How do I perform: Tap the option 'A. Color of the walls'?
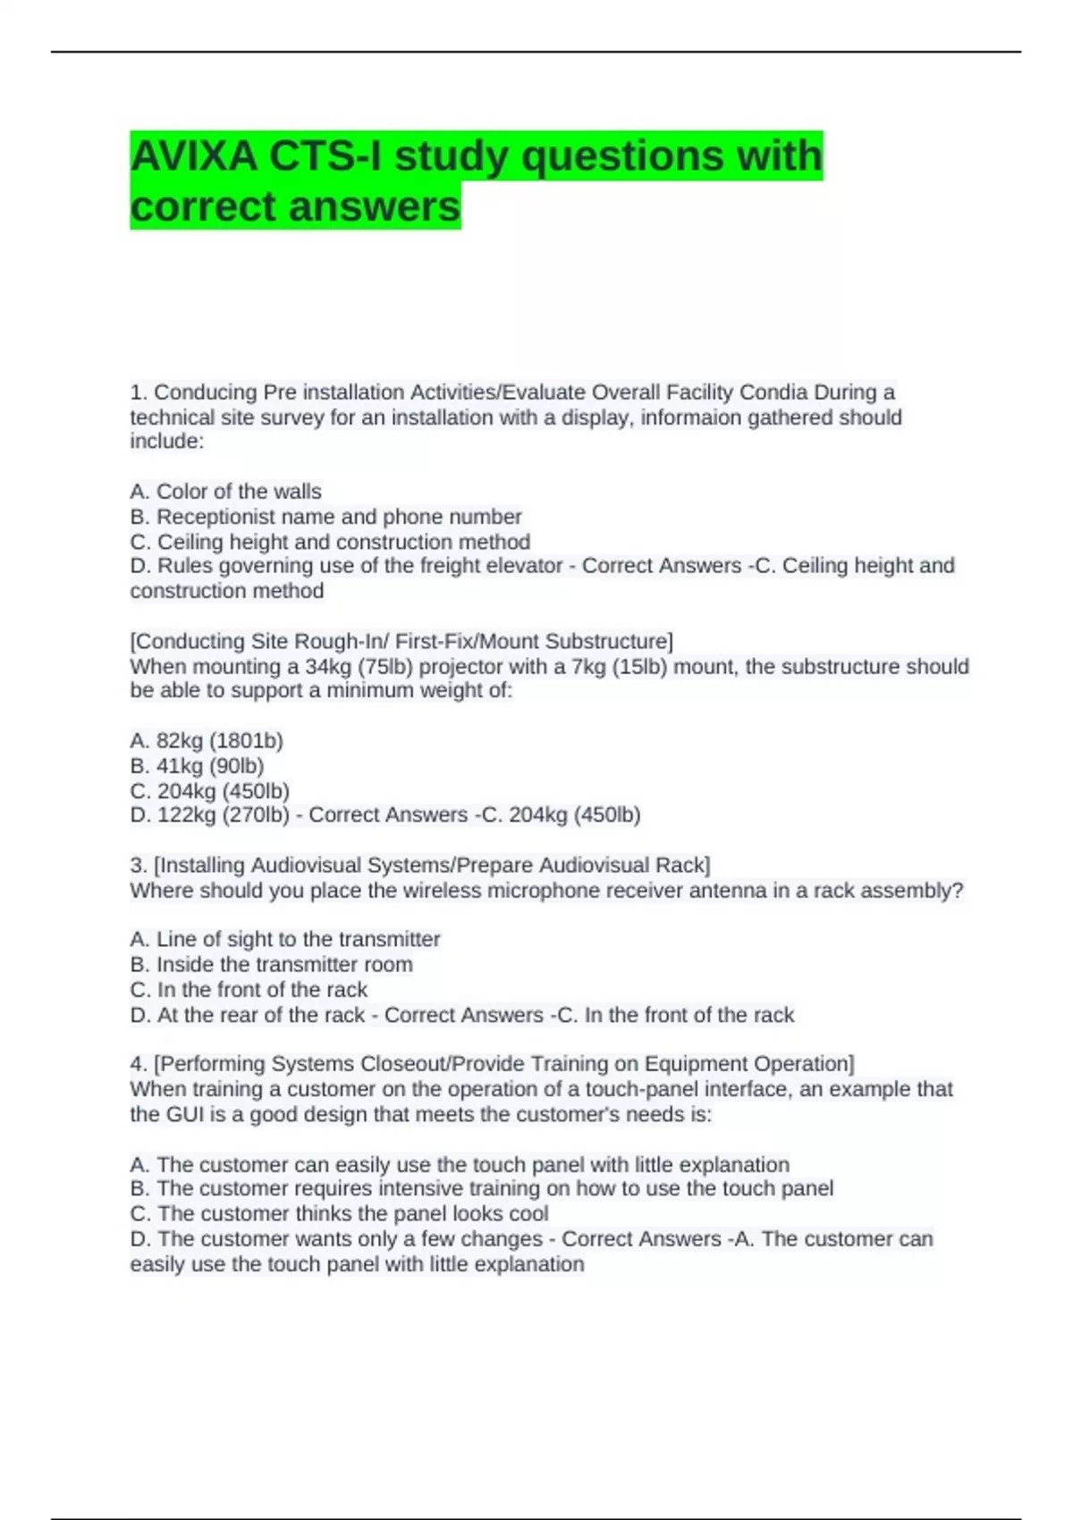pos(225,492)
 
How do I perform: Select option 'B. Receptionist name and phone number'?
pos(325,517)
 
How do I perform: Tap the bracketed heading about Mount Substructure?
pos(401,641)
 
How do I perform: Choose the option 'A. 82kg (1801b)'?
pos(207,740)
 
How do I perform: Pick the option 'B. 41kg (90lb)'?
pos(197,765)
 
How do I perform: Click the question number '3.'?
pos(139,866)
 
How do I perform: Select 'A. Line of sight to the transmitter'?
pos(284,940)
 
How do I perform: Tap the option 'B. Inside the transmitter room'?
pos(271,965)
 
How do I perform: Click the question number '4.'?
pos(139,1064)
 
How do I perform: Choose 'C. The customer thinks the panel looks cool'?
pos(339,1213)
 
